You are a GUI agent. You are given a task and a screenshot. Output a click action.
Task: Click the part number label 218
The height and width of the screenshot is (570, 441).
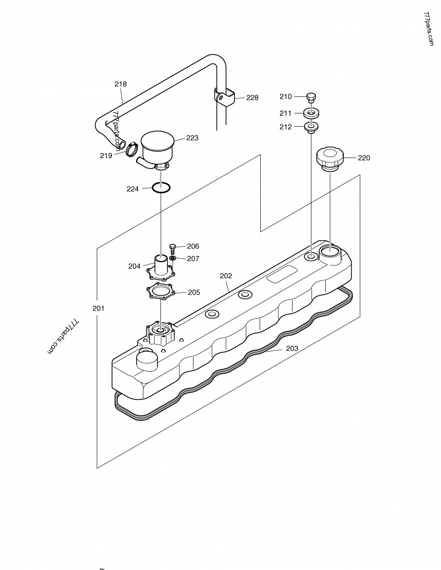120,84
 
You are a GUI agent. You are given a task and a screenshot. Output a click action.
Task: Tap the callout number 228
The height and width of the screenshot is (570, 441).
252,97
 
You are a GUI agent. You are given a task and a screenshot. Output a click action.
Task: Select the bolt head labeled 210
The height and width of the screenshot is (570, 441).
311,97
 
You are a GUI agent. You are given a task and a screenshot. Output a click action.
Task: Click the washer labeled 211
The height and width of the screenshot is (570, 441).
311,113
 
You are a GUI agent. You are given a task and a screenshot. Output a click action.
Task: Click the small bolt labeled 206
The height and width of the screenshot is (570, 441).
173,248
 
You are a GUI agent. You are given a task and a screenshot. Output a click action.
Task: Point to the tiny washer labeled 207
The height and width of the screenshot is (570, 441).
173,258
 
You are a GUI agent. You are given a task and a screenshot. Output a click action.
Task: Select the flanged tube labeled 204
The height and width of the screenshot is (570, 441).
160,265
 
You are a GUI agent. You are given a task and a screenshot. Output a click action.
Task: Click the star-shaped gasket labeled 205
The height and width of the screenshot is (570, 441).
160,292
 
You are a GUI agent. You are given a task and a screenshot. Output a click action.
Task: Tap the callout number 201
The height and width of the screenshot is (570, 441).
98,308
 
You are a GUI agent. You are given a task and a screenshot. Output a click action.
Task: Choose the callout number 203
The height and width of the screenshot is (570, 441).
292,348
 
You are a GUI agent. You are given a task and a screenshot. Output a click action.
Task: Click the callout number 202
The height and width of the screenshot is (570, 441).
226,275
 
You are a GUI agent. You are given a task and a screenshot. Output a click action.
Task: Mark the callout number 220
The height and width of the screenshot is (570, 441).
364,158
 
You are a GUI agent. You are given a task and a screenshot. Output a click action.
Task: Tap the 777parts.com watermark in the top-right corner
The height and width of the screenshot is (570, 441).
428,29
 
